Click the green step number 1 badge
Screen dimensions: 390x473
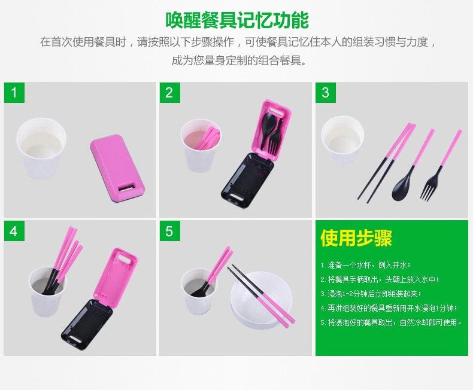point(14,93)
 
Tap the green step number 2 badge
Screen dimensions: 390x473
point(169,93)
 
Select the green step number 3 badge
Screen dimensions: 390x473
point(326,93)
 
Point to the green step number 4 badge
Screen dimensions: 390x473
point(14,231)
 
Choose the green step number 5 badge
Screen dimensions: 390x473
point(169,231)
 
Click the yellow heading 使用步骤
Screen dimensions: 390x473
point(356,238)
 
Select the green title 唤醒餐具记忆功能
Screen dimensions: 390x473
point(236,20)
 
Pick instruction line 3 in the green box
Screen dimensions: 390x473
point(371,294)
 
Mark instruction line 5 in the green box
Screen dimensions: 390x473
point(392,323)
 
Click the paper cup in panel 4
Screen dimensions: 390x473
point(48,293)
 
